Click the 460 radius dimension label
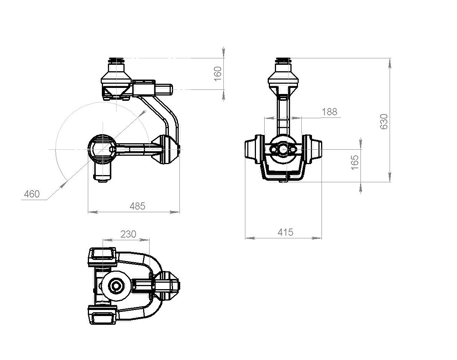(32, 194)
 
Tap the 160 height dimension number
(218, 74)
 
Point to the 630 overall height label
(384, 122)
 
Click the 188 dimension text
(329, 112)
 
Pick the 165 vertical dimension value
(355, 162)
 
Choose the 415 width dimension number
(285, 232)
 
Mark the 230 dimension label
(128, 234)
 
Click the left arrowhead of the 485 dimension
(93, 212)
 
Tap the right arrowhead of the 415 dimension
(317, 238)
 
